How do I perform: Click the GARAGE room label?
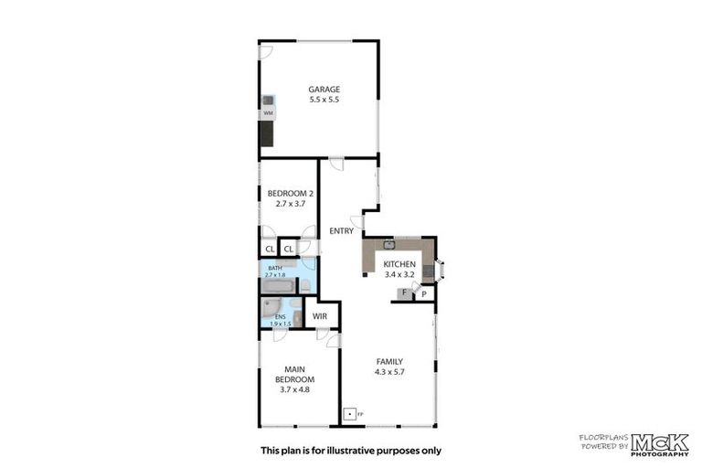point(324,89)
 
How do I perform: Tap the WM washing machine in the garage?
point(268,112)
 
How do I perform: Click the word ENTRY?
point(341,231)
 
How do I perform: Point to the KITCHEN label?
point(399,264)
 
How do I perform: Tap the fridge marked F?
point(403,293)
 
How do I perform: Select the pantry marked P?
point(424,293)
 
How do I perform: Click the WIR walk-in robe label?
point(320,315)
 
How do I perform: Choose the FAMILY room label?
point(388,361)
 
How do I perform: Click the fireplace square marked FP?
point(348,413)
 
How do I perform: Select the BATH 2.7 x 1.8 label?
point(275,271)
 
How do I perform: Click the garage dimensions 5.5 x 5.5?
point(324,100)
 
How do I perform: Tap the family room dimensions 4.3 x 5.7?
point(388,372)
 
